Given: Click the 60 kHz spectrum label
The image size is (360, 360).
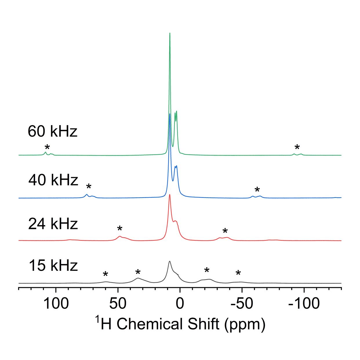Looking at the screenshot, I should pos(52,131).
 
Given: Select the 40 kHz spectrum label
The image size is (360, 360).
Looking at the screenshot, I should pos(53,180).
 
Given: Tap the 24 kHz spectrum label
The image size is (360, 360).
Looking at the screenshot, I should pos(53,224).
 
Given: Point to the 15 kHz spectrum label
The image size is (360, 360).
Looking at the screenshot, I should pos(53,266).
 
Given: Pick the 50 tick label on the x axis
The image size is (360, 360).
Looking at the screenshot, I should pos(118,304).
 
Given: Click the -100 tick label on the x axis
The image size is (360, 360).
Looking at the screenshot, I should pos(304,304).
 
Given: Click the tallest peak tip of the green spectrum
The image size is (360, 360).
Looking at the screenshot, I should pos(170,34).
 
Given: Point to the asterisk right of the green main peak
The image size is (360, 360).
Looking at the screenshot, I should pos(297,147).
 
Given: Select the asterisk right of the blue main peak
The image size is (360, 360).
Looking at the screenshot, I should pos(257,190).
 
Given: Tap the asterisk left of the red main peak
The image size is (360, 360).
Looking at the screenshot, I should pos(120,229).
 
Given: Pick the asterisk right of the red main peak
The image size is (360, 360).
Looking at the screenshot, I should pos(225,231).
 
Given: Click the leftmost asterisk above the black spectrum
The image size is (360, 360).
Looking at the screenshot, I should pos(106,274).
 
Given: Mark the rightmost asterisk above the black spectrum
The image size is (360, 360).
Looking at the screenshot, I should pos(238,273).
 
